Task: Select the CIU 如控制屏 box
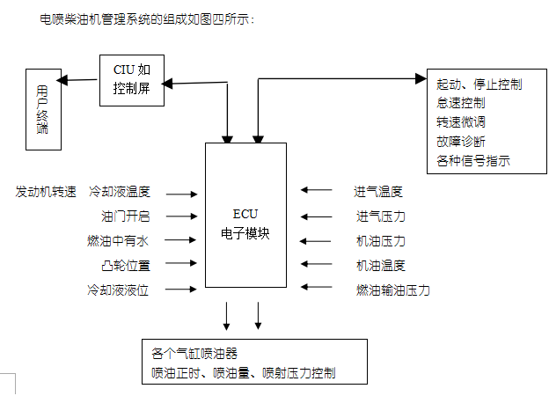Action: click(132, 79)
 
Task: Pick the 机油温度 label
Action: click(380, 265)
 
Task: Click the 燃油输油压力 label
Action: click(392, 290)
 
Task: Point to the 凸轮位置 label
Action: click(126, 265)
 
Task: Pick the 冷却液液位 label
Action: click(118, 290)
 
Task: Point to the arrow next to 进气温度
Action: click(316, 189)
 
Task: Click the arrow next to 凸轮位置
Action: click(182, 263)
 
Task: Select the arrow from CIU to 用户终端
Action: click(79, 80)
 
